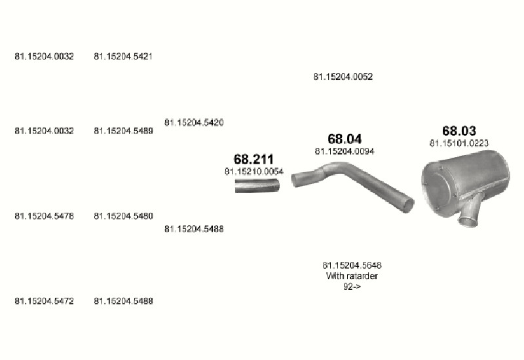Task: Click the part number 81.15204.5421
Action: click(x=123, y=56)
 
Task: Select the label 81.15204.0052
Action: click(x=343, y=77)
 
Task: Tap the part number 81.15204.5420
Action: click(x=194, y=122)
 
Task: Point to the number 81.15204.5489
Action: click(x=123, y=131)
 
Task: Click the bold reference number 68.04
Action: click(x=345, y=139)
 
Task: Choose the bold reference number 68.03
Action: click(x=459, y=131)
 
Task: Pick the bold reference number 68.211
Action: click(x=253, y=159)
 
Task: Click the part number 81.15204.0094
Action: click(x=345, y=152)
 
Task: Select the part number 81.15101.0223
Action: click(x=459, y=143)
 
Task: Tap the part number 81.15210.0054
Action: click(x=254, y=171)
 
